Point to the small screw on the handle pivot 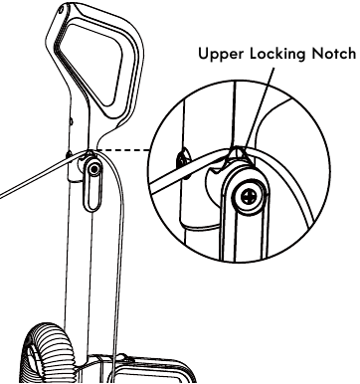click(x=93, y=170)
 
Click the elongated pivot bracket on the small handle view click(x=92, y=185)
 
